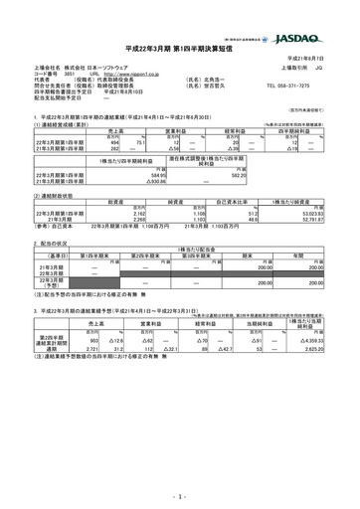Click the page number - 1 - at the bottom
tap(179, 494)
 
